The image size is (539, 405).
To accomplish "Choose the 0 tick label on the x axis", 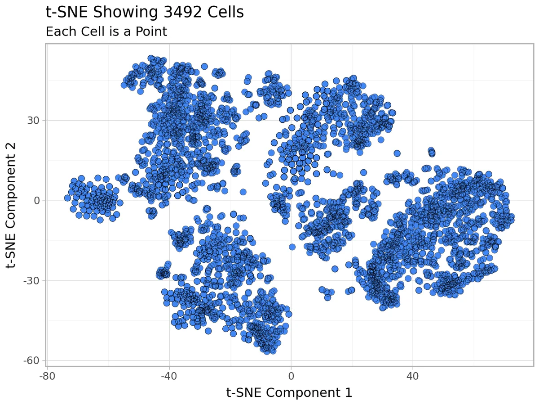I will (x=291, y=375).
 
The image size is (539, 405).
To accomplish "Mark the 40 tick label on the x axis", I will (x=413, y=375).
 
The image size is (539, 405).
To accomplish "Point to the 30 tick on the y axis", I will (x=35, y=120).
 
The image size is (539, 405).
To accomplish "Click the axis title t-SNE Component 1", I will (x=289, y=393).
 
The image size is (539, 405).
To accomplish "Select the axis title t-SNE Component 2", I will (x=13, y=205).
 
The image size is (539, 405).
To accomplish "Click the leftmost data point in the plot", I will (x=67, y=198).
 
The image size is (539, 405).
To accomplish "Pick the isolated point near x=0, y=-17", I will (x=292, y=247).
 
